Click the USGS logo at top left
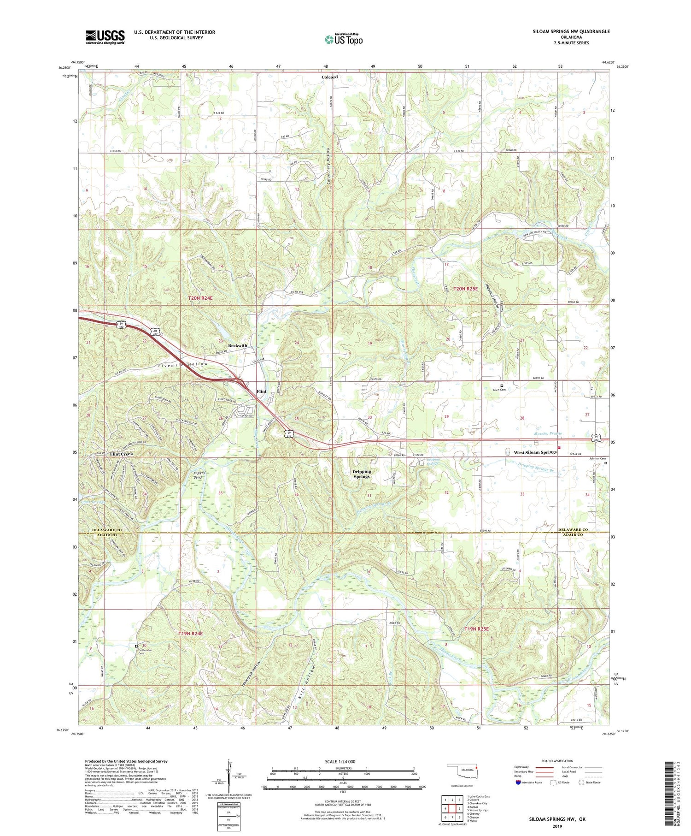105,37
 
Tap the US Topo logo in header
343,40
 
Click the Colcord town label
329,77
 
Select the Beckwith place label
238,345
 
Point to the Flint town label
261,391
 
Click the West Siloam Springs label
535,452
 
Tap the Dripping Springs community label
362,474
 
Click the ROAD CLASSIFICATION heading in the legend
557,761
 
